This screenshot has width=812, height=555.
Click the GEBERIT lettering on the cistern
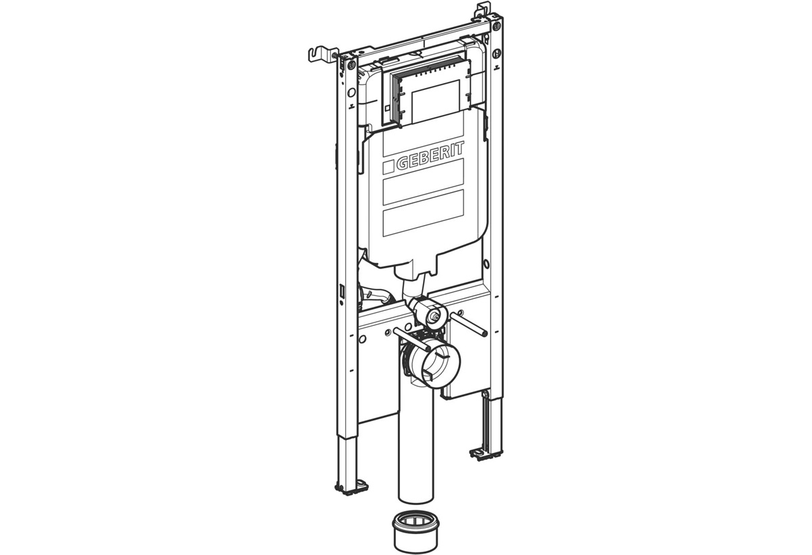click(430, 156)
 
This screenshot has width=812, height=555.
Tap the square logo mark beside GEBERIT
click(389, 166)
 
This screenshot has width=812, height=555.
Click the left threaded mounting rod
click(412, 339)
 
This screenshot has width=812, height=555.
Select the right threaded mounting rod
click(469, 324)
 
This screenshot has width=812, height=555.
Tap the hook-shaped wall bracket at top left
click(321, 55)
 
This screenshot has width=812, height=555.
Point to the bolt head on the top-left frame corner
click(351, 66)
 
